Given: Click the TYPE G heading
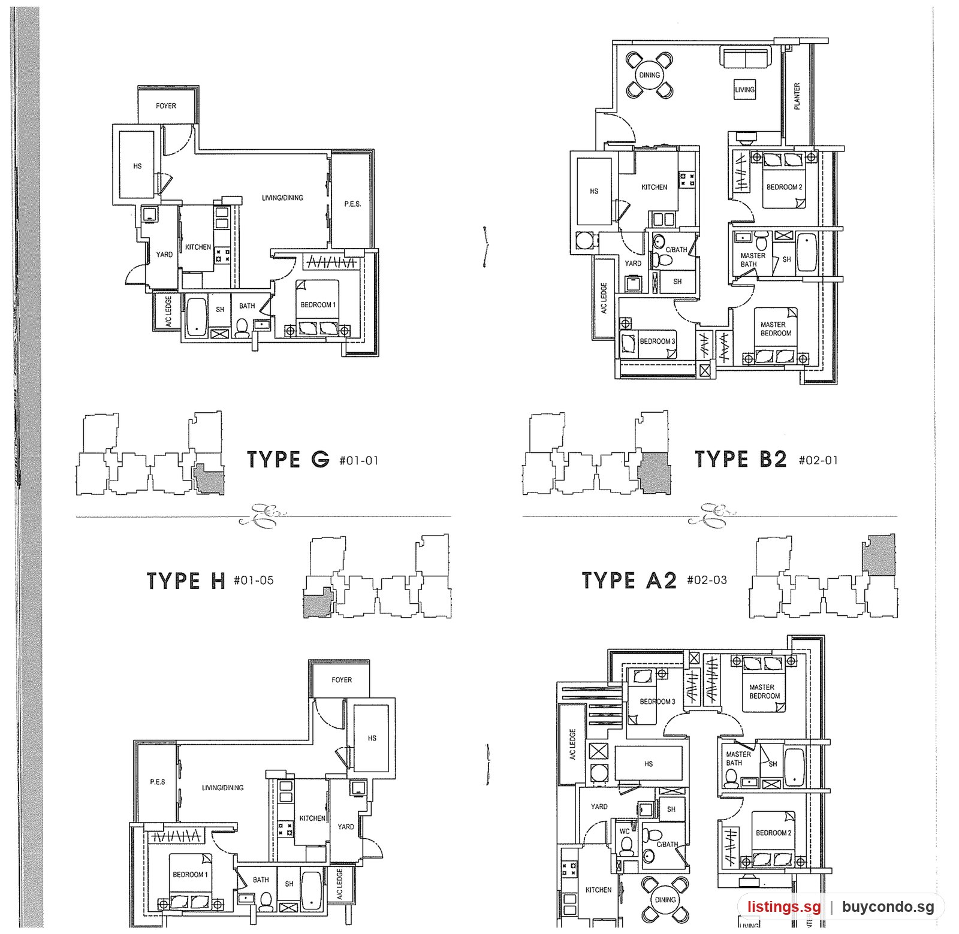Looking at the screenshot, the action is coord(288,460).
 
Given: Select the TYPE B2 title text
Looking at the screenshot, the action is coord(741,460).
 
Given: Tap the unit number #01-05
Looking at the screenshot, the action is coord(254,580).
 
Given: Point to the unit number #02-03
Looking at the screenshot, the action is coord(707,580).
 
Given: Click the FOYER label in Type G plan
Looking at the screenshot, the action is coord(166,106).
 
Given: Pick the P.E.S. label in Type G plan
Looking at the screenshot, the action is coord(352,204).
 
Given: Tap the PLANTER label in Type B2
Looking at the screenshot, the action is coord(797,96).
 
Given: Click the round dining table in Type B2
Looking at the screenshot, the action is coord(650,75).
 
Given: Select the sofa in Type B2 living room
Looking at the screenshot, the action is coord(744,58).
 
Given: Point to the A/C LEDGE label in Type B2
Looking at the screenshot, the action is coord(604,298).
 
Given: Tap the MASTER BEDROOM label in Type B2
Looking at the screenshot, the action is coord(776,329).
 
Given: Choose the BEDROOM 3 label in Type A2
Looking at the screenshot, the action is coord(657,702).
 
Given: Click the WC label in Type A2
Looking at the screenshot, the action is coord(625,831).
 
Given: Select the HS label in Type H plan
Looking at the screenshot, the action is coord(372,738).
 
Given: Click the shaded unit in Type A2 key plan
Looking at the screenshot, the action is coord(879,555).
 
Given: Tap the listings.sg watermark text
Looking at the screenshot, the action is coord(783,906).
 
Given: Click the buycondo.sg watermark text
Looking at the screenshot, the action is coord(888,906).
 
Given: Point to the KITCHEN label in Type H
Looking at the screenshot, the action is coord(312,818).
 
